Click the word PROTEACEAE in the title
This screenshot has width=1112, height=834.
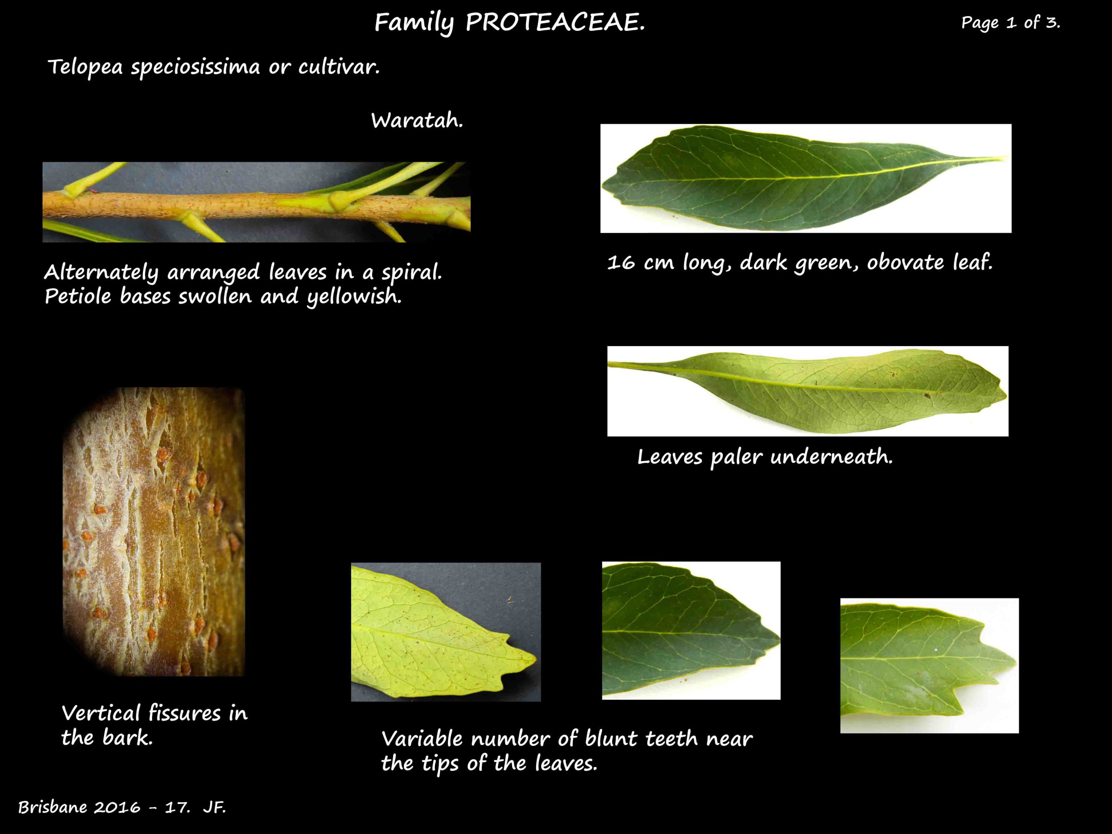[x=555, y=23]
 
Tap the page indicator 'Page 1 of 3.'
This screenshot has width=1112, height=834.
[x=1010, y=22]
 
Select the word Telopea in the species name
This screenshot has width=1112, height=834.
[x=85, y=67]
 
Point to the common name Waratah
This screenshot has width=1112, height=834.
[x=417, y=121]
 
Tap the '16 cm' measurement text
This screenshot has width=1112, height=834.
[x=640, y=262]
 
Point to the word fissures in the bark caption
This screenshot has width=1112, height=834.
[x=185, y=713]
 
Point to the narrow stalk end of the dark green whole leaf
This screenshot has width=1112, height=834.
[x=985, y=160]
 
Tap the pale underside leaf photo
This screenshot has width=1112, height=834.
[x=808, y=391]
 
